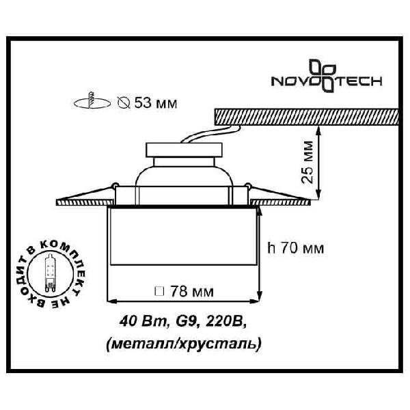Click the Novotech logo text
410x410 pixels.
click(327, 81)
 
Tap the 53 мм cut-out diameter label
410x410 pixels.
click(156, 103)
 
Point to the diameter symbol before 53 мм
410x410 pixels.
click(124, 102)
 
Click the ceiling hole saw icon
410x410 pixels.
click(92, 101)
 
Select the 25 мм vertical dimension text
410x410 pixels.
click(307, 162)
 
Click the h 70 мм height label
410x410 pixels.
click(295, 247)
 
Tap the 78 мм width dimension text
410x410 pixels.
click(192, 291)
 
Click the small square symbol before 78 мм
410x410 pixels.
click(159, 292)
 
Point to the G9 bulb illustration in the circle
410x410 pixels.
click(50, 273)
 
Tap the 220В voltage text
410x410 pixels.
click(225, 321)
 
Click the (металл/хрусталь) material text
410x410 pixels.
click(184, 343)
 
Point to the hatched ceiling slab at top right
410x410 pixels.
click(306, 117)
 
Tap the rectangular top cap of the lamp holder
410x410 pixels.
click(184, 150)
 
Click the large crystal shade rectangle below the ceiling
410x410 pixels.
click(183, 236)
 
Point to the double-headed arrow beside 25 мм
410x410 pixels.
click(318, 162)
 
